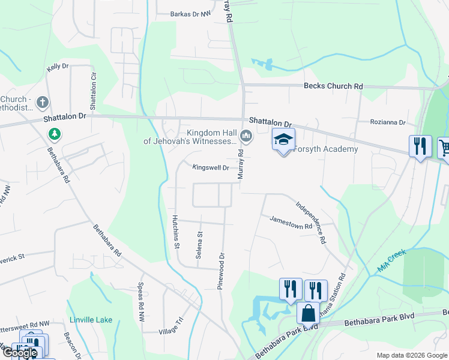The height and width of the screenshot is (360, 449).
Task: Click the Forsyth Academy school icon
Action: tap(283, 140)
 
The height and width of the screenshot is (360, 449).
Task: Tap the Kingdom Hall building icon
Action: tap(246, 137)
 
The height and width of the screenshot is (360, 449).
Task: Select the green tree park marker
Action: tap(55, 133)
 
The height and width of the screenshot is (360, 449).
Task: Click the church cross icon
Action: tap(43, 103)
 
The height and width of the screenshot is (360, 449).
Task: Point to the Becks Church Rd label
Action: tap(333, 86)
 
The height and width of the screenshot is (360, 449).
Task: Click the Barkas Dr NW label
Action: tap(191, 13)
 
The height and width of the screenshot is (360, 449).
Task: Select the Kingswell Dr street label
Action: tap(211, 168)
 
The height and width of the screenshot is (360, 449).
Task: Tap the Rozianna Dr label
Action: tap(389, 122)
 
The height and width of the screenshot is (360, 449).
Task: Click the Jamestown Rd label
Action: tap(291, 222)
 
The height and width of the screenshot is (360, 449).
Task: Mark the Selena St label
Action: tap(199, 245)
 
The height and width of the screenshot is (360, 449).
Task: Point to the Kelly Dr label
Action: tap(58, 67)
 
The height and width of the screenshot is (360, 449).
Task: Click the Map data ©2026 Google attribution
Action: tap(411, 355)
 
